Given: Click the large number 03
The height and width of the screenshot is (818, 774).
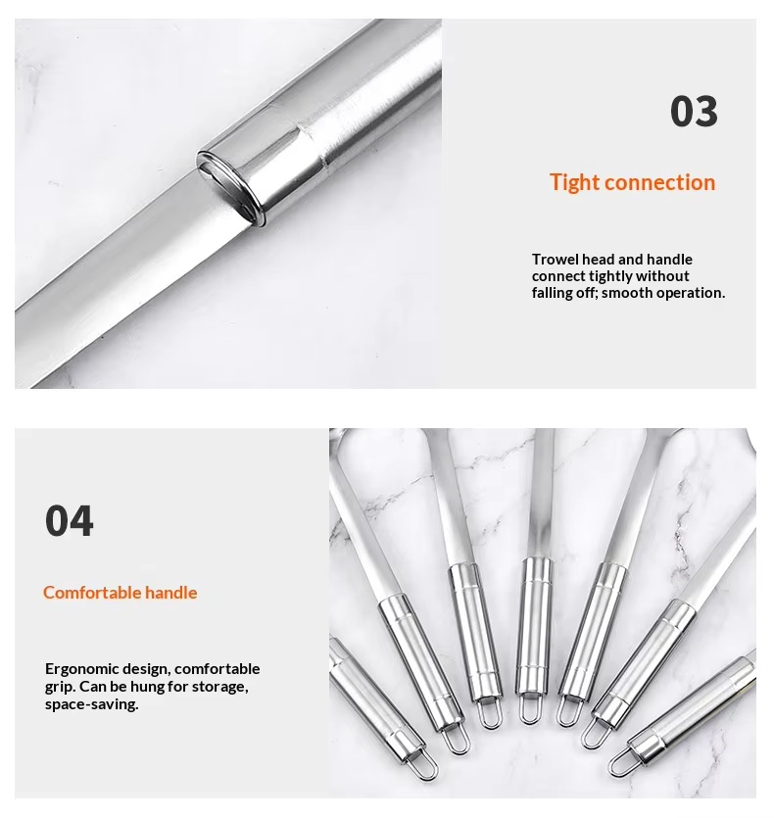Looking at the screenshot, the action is click(x=694, y=111).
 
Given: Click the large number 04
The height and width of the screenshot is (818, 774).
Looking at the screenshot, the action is click(x=70, y=520).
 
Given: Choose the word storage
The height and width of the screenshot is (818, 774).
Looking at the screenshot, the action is click(x=219, y=687).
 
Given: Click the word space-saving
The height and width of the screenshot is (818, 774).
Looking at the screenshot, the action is click(x=92, y=704).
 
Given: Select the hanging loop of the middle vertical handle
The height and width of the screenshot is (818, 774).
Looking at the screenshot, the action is click(x=529, y=710).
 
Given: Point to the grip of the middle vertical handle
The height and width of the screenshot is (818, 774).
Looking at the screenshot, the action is click(x=534, y=625).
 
